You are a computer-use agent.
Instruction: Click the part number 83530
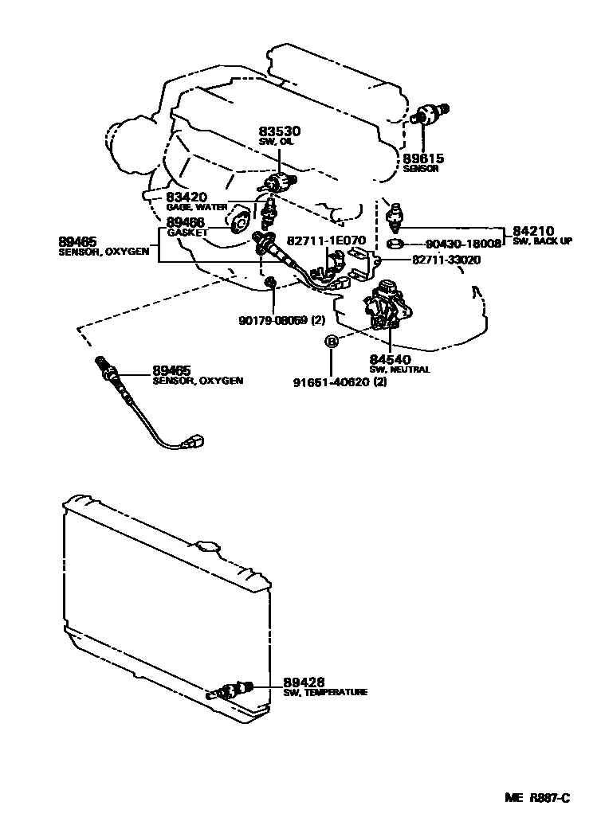point(277,131)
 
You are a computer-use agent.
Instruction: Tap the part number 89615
point(424,158)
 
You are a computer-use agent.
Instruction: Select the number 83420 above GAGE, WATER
point(186,197)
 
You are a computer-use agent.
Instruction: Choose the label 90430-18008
point(462,244)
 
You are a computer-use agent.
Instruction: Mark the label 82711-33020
point(446,260)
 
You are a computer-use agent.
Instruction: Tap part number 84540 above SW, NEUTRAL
point(387,359)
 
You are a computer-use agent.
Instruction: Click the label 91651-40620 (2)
point(351,381)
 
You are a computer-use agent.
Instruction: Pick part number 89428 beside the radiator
point(303,682)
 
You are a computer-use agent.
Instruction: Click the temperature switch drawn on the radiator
point(231,690)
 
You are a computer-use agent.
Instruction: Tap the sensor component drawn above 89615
point(432,114)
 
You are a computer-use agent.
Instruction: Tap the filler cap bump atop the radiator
point(210,549)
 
